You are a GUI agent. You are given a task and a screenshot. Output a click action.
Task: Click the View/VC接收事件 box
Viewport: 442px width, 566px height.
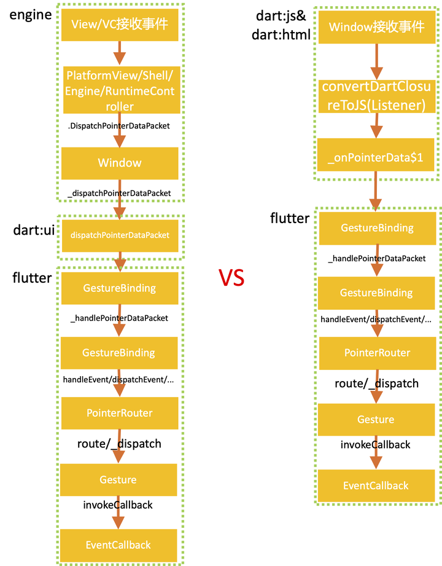click(120, 25)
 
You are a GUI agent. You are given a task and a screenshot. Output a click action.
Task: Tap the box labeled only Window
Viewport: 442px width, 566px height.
click(120, 163)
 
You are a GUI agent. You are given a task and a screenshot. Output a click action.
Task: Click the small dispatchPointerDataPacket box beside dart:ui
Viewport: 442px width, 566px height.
click(120, 235)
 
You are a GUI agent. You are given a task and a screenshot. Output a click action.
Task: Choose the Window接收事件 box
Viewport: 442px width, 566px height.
click(376, 27)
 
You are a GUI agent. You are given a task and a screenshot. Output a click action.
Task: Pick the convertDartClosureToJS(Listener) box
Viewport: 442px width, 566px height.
click(376, 96)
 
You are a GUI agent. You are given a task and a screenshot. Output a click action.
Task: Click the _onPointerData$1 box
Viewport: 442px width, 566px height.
click(376, 157)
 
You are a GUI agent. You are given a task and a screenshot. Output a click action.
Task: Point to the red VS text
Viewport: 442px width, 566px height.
click(232, 278)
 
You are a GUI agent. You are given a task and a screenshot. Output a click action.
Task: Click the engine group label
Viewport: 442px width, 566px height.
click(30, 15)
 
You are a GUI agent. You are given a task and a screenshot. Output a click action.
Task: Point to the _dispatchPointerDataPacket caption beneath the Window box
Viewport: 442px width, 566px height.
click(118, 193)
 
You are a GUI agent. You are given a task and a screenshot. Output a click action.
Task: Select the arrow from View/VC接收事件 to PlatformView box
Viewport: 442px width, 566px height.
click(120, 53)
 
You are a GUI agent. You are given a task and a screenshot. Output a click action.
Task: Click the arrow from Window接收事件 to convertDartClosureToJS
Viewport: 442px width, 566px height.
click(376, 61)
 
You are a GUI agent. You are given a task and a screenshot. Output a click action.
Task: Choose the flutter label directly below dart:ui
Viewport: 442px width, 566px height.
click(32, 278)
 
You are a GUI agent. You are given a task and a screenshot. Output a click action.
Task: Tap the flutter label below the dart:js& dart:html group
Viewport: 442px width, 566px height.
click(290, 218)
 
